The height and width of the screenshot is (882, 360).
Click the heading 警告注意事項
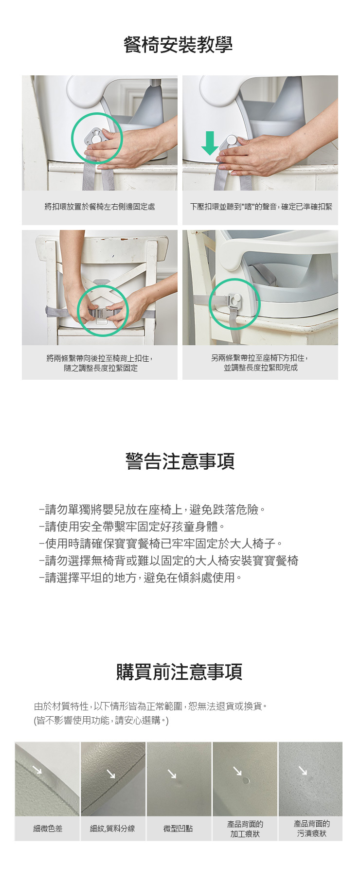pos(180,461)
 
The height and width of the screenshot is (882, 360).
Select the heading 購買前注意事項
pos(179,671)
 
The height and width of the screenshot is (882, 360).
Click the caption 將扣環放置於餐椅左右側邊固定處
pos(100,207)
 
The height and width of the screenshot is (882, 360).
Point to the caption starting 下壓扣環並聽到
pos(261,207)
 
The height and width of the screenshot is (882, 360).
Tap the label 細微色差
pos(48,829)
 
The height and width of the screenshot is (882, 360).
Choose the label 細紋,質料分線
pos(112,829)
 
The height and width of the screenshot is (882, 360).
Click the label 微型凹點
pos(178,829)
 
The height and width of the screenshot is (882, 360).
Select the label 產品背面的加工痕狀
pos(245,829)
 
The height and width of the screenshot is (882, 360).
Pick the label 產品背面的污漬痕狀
pos(311,829)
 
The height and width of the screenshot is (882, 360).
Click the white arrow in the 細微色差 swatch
pos(37,770)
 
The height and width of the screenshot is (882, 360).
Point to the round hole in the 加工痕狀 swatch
pos(246,781)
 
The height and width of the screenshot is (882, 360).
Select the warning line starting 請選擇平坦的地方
pos(140,578)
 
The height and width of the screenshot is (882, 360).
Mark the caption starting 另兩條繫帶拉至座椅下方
pos(260,363)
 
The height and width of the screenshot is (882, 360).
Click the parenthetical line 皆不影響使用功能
pos(101,721)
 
